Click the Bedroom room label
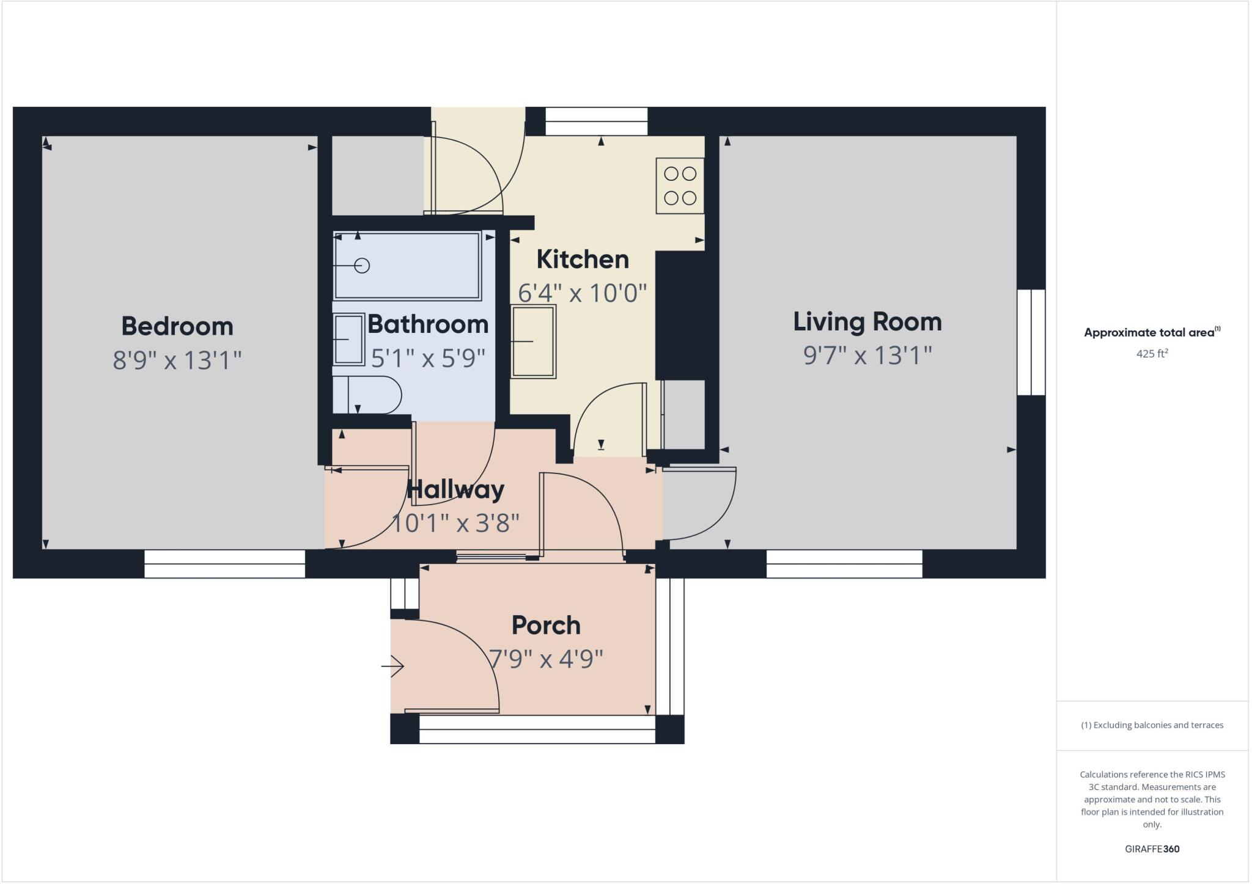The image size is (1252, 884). point(177,326)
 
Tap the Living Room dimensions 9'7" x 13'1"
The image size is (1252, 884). point(867,355)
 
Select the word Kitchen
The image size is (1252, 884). point(583,260)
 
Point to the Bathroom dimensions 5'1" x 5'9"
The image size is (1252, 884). point(428,358)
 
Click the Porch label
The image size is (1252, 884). point(546,626)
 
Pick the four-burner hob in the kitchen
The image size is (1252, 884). point(680,186)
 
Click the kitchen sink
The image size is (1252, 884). point(534,342)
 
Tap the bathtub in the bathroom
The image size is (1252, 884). point(407,266)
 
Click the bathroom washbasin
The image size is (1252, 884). point(349,339)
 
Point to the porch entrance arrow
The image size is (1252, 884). point(392,666)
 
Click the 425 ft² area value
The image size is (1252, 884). point(1152,354)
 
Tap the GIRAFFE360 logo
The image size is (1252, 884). point(1152,849)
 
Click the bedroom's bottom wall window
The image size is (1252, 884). point(224,564)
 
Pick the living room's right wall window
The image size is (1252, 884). point(1031,342)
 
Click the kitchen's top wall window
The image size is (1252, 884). point(596,121)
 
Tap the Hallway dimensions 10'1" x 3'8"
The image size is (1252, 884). point(455,524)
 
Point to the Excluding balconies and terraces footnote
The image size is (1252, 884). point(1152,725)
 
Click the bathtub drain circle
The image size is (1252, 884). point(362,266)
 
